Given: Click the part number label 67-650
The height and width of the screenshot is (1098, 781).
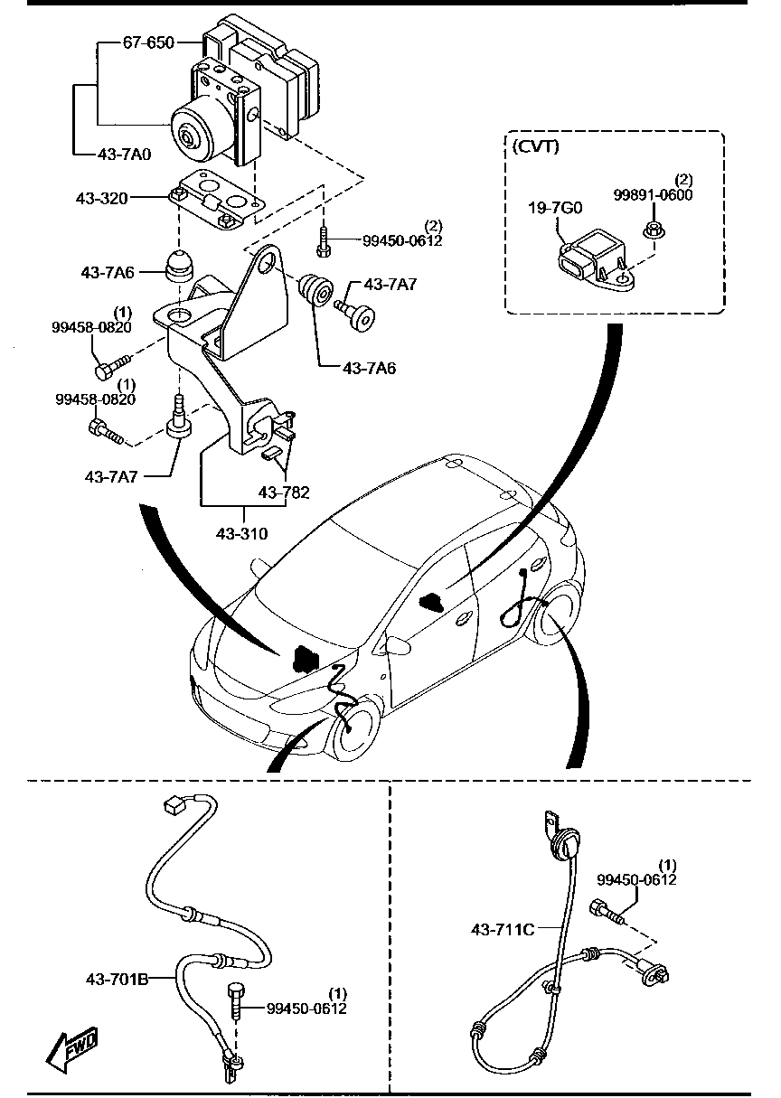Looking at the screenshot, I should point(150,42).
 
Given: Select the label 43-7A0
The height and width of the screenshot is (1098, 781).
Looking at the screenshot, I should point(125,155).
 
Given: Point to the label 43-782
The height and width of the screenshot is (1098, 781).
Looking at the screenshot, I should point(284,493).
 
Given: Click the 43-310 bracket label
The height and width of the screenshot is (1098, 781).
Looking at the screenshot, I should point(241,533).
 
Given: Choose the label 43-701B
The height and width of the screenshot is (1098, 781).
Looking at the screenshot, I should point(117,978).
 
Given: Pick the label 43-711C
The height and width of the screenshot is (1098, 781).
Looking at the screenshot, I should point(502,928).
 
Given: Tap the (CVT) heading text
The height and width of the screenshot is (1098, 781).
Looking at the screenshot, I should point(536,146).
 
